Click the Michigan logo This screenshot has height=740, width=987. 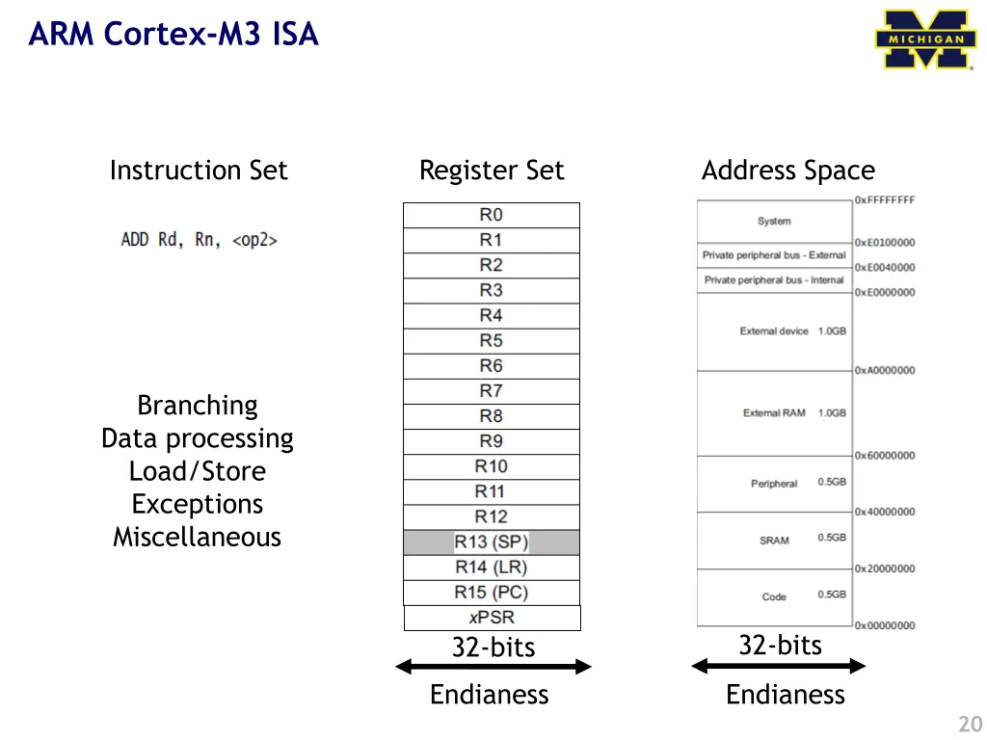point(925,40)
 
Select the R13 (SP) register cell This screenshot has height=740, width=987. point(492,542)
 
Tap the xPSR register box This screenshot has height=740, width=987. point(492,618)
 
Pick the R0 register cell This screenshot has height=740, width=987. point(492,215)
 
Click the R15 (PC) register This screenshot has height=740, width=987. point(492,593)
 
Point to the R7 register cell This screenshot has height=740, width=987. point(492,391)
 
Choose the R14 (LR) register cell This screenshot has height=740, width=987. point(492,568)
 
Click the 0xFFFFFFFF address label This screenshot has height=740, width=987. point(884,200)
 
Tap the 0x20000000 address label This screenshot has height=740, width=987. point(884,568)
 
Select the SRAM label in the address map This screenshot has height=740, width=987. point(774,541)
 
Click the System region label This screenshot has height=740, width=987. point(774,221)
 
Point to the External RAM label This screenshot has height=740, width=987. point(774,413)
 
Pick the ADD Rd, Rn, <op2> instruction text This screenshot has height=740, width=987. point(200,240)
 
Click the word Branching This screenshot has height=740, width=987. point(198,405)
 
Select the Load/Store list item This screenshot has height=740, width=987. point(198,471)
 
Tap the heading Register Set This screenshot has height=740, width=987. point(492,171)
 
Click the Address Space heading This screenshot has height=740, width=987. point(788,171)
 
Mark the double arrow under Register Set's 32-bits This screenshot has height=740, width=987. point(493,666)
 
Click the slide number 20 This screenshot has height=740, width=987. point(969,725)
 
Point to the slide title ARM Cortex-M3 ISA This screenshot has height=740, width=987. point(173,35)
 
